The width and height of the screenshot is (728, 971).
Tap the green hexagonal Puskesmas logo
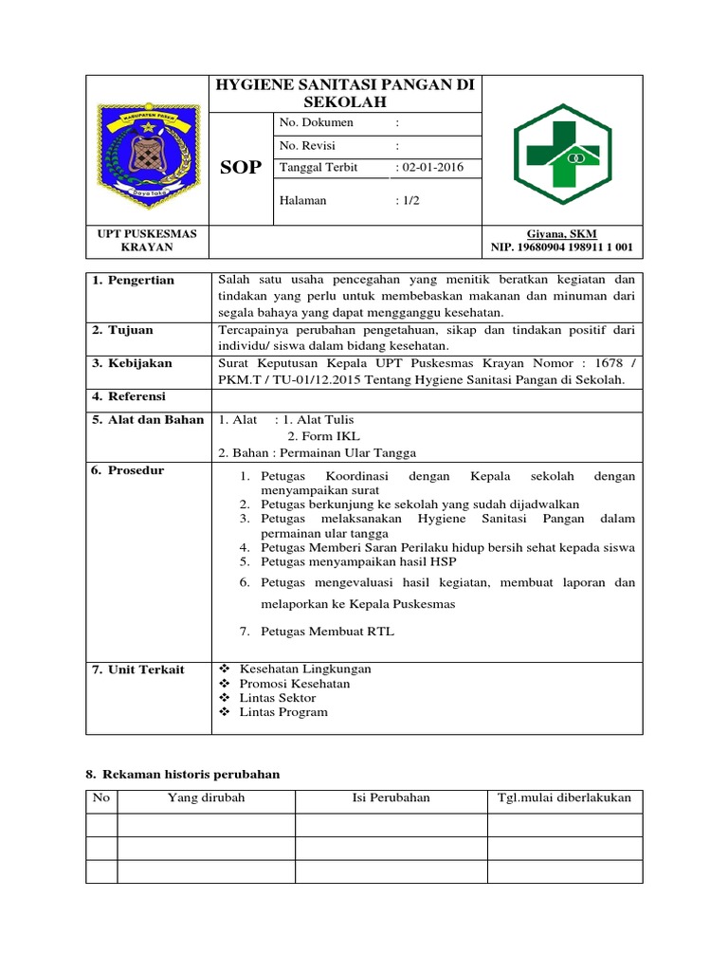[x=563, y=152]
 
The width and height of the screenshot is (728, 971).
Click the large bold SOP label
[x=241, y=168]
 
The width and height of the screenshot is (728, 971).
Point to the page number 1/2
[x=409, y=200]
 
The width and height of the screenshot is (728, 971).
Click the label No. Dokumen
[x=317, y=122]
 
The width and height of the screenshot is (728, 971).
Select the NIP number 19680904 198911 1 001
[x=562, y=247]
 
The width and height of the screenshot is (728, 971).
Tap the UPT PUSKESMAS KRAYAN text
[x=148, y=241]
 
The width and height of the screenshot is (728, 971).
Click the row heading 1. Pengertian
[x=134, y=281]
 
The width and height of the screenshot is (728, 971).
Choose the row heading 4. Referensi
[x=130, y=396]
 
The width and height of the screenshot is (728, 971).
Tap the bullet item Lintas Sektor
[x=278, y=697]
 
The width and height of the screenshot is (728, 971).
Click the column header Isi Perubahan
[x=391, y=797]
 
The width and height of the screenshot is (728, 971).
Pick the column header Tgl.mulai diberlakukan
[x=564, y=797]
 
